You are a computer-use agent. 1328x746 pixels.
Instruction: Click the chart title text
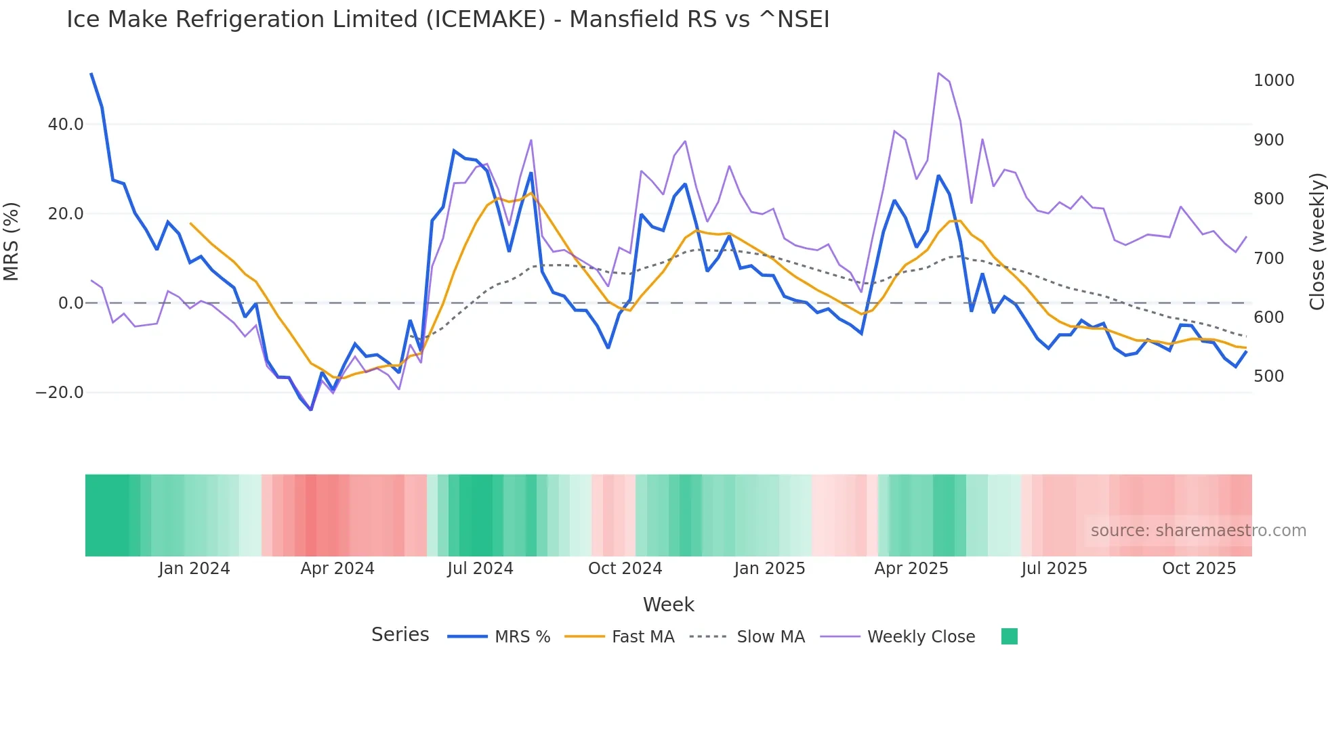[447, 20]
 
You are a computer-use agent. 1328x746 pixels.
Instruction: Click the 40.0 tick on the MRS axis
[66, 125]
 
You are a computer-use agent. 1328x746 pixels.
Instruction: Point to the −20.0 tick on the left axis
[60, 393]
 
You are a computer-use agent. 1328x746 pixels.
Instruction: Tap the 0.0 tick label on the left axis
[70, 303]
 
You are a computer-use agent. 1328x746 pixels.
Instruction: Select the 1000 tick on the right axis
[1274, 81]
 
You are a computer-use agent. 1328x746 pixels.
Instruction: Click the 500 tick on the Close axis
[1268, 376]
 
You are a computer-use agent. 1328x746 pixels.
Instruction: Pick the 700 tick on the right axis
[1268, 259]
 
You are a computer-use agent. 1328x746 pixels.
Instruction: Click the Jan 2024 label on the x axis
[194, 569]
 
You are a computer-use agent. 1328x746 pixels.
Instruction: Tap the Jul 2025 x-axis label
[1054, 569]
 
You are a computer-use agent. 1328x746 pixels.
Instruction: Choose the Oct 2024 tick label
[625, 569]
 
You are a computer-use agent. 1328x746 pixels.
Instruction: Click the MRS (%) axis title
[12, 241]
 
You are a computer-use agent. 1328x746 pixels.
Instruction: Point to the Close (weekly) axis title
[1316, 242]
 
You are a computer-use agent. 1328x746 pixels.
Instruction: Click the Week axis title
[668, 605]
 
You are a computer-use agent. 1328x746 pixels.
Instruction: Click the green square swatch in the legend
[1009, 636]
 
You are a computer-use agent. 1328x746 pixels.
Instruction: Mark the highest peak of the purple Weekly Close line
[938, 73]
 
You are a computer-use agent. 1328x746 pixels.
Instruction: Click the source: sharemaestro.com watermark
[1198, 531]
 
